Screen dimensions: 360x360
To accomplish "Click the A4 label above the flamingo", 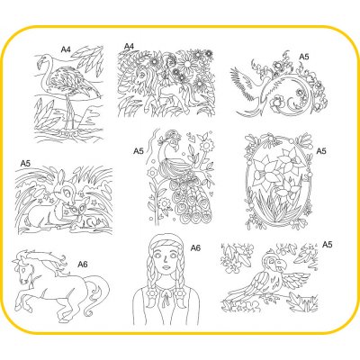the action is pos(66,49).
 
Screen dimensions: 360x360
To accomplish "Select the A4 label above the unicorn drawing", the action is pos(129,47).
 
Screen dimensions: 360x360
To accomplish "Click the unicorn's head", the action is pos(140,76).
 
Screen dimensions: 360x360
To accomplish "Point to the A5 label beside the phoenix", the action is pos(304,57).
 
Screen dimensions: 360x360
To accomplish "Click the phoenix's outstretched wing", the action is pos(242,81).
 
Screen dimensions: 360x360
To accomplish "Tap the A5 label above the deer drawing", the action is pos(25,164).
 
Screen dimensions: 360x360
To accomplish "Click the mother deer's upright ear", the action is pos(61,176).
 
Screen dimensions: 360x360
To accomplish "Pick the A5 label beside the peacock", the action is pos(139,151).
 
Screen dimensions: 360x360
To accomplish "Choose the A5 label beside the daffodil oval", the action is pos(321,151).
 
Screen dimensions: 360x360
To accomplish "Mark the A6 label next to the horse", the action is pos(83,265).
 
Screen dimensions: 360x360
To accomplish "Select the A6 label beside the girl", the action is pos(195,247).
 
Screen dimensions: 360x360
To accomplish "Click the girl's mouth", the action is pos(166,268).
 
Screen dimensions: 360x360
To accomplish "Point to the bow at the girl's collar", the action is pos(165,296).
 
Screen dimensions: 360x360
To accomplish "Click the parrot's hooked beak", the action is pos(281,264).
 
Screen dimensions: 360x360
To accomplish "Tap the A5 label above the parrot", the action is pos(328,245).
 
